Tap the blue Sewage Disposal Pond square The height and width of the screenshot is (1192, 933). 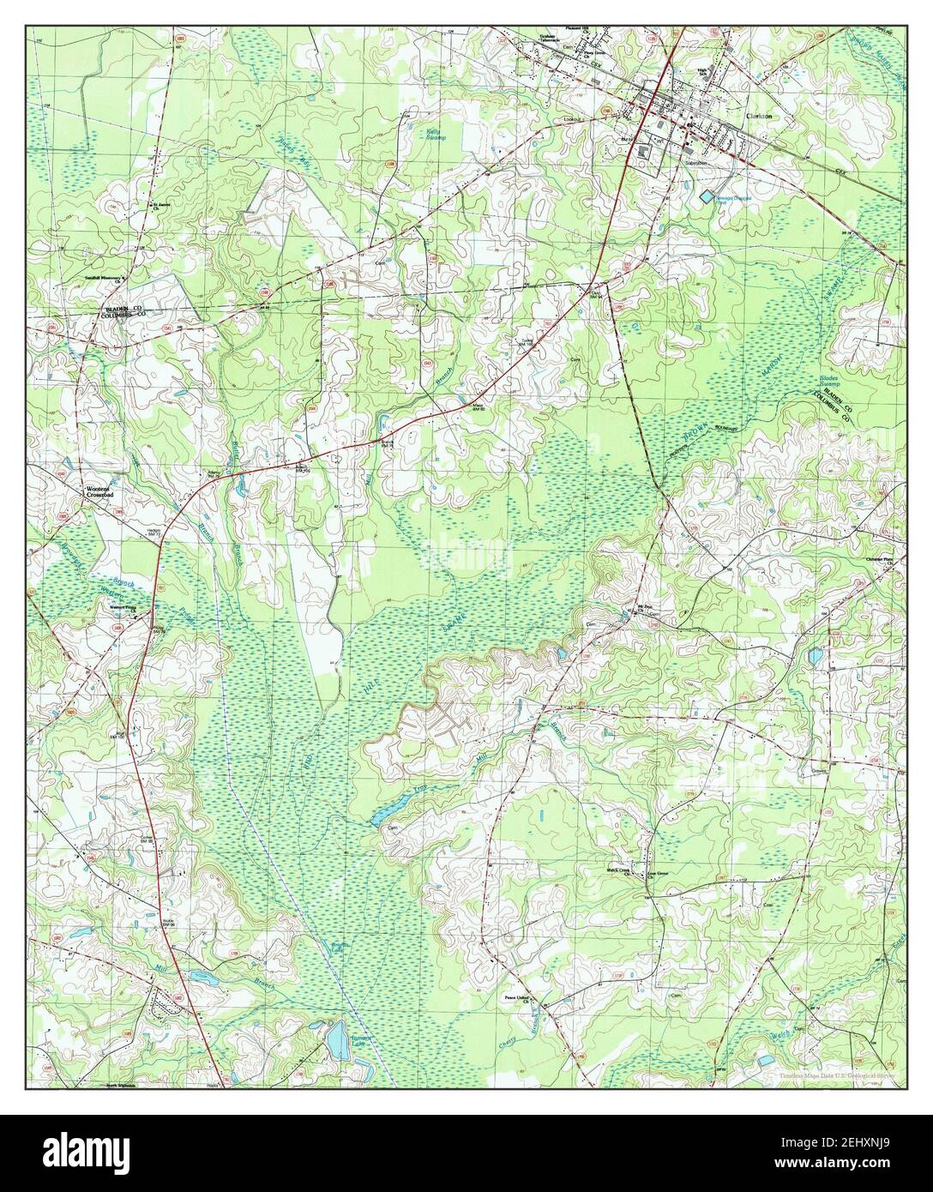click(x=705, y=197)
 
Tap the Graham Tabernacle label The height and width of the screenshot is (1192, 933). click(x=525, y=39)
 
